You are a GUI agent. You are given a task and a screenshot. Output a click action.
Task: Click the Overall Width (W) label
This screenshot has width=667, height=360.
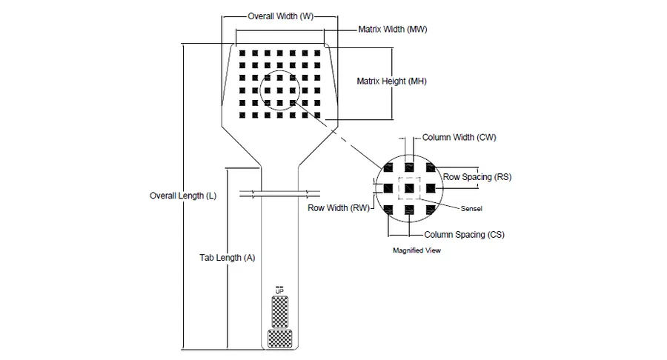click(281, 16)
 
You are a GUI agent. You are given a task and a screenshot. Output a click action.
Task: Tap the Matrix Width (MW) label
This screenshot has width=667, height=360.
click(393, 30)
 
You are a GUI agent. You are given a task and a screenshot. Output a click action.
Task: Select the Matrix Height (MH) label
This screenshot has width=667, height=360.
click(391, 81)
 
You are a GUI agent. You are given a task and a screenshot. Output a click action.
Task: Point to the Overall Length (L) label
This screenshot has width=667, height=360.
click(183, 196)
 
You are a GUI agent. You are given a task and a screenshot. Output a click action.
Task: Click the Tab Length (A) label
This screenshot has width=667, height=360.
click(228, 258)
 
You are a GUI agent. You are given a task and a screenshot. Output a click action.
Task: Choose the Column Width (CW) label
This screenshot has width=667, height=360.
click(459, 137)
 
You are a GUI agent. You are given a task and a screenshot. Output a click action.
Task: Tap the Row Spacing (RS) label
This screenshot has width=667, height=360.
click(477, 177)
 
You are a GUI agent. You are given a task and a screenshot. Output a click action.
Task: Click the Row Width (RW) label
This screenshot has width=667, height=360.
click(339, 208)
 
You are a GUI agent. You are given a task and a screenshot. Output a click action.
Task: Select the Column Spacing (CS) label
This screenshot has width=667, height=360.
click(464, 235)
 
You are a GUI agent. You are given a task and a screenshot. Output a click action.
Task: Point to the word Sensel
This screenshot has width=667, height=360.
click(471, 209)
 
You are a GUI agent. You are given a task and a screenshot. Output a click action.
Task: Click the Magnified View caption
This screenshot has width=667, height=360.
click(417, 250)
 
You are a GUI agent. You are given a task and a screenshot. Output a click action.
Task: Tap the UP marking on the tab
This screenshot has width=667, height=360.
click(279, 292)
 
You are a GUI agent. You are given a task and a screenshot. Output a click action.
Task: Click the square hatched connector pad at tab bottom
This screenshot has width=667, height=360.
click(280, 339)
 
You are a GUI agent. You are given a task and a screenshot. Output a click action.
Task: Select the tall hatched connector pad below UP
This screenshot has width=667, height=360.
click(280, 312)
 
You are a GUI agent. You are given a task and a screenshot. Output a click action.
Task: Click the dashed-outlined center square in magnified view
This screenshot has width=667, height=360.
click(409, 188)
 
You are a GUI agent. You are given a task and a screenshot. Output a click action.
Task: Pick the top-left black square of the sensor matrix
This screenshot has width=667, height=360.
click(242, 53)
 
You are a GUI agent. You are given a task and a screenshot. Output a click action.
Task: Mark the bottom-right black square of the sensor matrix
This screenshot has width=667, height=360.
click(317, 115)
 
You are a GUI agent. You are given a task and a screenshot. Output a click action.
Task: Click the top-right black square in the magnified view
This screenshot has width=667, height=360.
click(431, 167)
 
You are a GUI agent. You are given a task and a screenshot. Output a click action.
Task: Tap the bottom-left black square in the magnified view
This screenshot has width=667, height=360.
click(388, 209)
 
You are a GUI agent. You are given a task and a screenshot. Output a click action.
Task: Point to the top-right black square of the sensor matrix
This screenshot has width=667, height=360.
click(317, 53)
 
